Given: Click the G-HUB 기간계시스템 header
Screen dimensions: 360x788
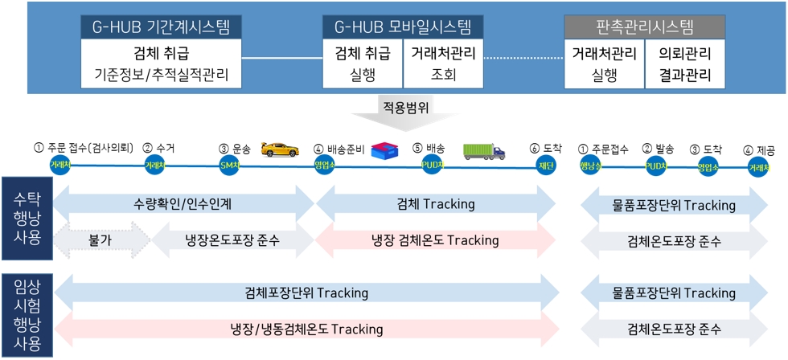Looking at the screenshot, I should [x=161, y=27].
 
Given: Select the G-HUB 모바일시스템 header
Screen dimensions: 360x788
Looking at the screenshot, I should [x=402, y=27].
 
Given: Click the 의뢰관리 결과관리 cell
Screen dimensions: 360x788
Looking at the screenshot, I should [x=684, y=65].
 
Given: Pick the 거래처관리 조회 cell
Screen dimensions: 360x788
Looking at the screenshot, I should [x=443, y=65].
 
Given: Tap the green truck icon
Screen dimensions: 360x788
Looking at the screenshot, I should [x=484, y=150].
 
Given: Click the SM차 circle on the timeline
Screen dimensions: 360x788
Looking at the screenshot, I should [x=230, y=165].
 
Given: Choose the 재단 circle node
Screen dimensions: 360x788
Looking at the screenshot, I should [x=547, y=165].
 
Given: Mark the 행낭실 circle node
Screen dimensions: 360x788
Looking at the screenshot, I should [x=591, y=165].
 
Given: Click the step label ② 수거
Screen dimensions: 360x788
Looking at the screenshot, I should [x=158, y=148].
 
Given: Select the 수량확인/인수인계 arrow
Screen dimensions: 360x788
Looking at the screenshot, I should [x=183, y=204].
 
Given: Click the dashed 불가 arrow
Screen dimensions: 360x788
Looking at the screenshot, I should [x=101, y=239].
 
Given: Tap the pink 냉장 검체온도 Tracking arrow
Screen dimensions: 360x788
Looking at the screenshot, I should [x=435, y=239].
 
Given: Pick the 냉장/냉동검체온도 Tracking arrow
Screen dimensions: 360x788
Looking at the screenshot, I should [x=306, y=329].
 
